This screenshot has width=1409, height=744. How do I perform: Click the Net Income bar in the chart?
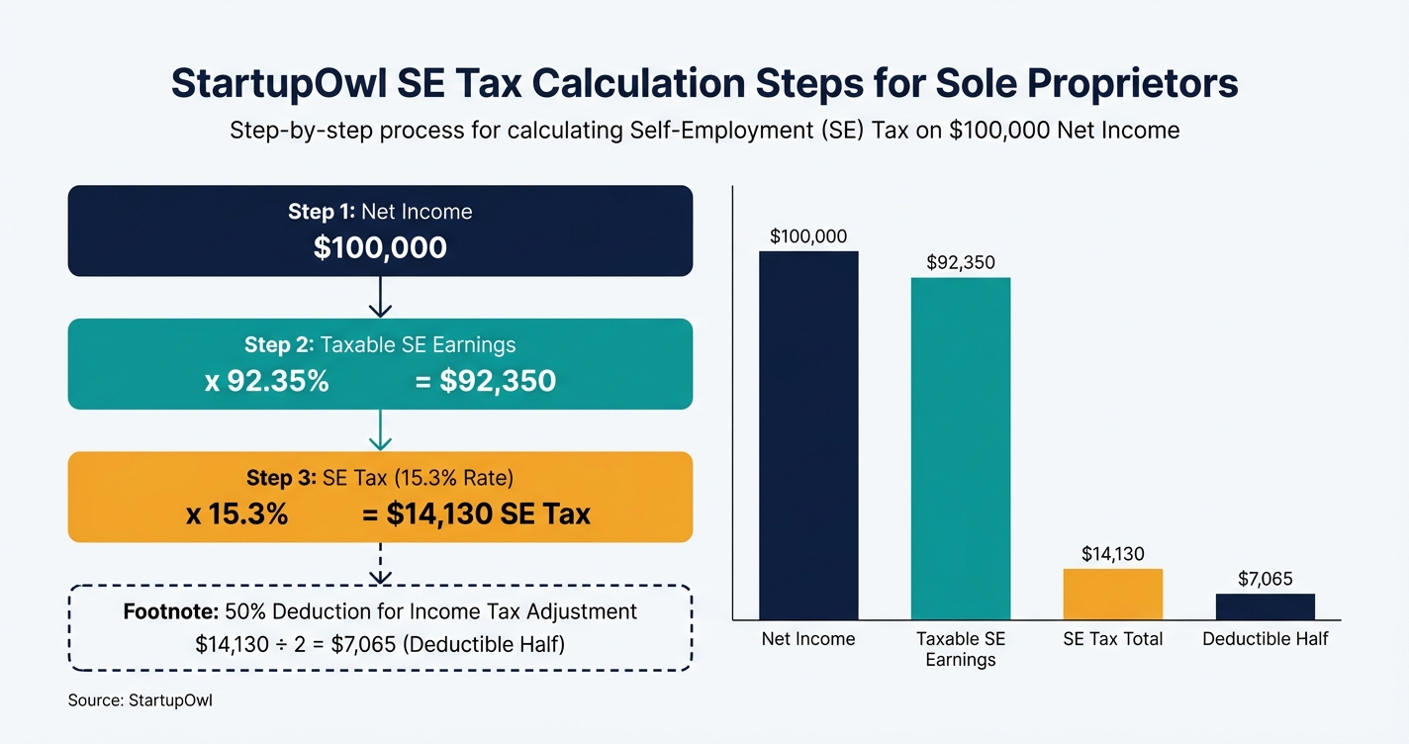tap(808, 435)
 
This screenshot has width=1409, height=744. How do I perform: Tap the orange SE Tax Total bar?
tap(1113, 595)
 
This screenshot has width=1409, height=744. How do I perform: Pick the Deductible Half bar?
tap(1266, 606)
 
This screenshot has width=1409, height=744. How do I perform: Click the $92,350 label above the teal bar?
tap(961, 263)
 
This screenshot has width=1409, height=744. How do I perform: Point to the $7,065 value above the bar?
tap(1266, 579)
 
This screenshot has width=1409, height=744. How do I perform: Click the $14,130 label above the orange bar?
tap(1113, 554)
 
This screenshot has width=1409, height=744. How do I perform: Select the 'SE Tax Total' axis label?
tap(1113, 639)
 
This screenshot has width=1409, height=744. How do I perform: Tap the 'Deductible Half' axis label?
tap(1266, 639)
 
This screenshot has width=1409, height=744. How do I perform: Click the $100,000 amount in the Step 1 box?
tap(380, 247)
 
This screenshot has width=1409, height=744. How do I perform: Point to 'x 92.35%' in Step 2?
tap(266, 381)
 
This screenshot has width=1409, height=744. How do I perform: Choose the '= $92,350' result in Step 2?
tap(485, 381)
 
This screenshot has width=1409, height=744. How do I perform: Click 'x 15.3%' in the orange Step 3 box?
tap(236, 513)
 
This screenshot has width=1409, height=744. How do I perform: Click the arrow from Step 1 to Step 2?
tap(380, 297)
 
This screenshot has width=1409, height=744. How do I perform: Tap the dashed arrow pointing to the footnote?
tap(380, 563)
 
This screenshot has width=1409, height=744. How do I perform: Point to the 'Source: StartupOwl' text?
tap(140, 700)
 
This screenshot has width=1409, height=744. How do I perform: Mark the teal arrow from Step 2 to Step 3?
tap(380, 430)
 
